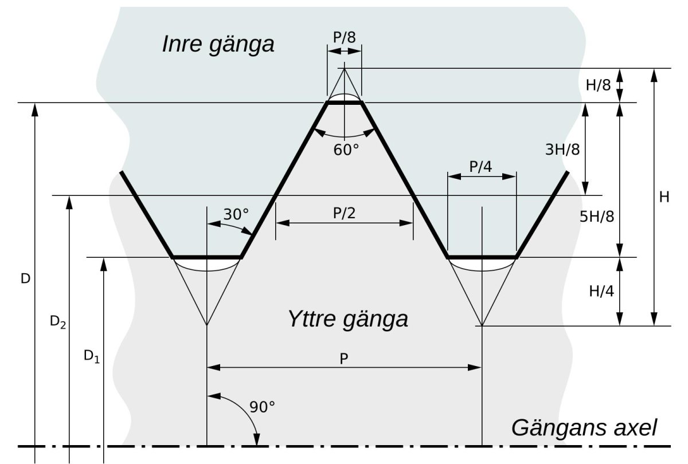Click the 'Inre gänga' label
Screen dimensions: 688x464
click(x=218, y=45)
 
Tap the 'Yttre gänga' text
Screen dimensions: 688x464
click(x=348, y=320)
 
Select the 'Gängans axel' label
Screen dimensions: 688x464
click(x=584, y=428)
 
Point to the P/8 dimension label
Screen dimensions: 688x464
click(x=345, y=37)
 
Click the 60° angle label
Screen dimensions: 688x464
click(x=346, y=150)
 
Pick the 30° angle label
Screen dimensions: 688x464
click(x=236, y=214)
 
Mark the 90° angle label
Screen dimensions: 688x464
click(x=262, y=407)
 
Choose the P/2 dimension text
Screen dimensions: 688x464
click(x=345, y=213)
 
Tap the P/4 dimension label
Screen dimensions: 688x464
click(x=480, y=167)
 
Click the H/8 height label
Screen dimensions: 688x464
click(x=599, y=85)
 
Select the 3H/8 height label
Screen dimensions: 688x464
click(x=562, y=150)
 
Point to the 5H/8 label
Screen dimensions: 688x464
click(x=597, y=217)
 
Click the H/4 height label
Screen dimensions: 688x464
click(x=601, y=291)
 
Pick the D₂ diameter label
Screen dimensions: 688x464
click(x=58, y=322)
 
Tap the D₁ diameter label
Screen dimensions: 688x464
click(x=92, y=356)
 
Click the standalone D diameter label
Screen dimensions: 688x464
click(x=25, y=278)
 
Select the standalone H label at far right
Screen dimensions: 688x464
click(x=664, y=197)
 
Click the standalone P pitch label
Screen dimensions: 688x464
click(x=344, y=359)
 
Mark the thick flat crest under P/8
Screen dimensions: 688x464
click(x=345, y=103)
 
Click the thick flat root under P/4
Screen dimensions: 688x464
click(x=482, y=257)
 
